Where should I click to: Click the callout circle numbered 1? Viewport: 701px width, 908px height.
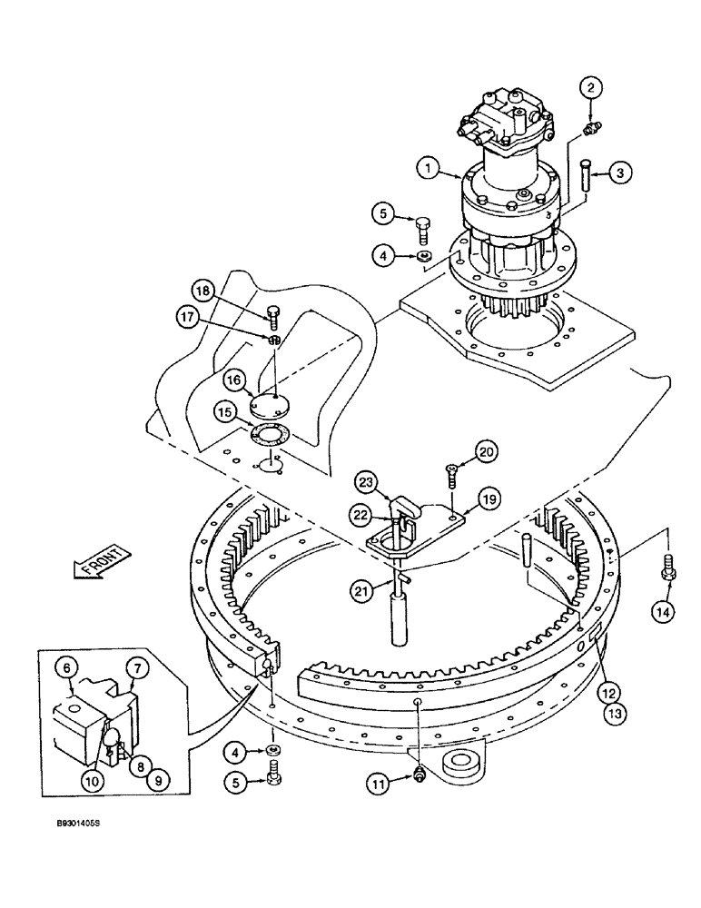(429, 167)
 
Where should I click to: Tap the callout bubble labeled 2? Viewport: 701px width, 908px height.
(592, 87)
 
